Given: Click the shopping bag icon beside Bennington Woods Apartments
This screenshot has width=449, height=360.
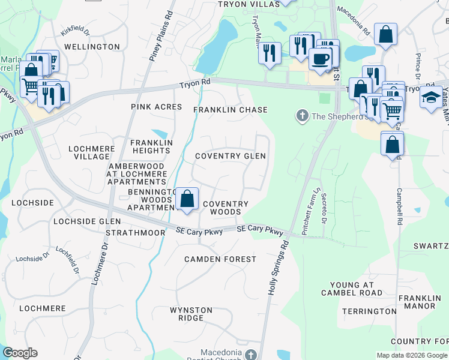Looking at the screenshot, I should (187, 199).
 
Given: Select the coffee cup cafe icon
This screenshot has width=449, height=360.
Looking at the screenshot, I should (321, 59).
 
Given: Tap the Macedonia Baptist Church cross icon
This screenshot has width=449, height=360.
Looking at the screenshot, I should (252, 355).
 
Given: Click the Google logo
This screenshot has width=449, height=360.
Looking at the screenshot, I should (20, 353).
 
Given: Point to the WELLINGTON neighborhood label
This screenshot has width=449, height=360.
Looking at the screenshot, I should (92, 46).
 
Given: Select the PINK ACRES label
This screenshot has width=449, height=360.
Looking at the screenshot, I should (156, 107).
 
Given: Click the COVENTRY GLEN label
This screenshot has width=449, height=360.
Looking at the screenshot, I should (231, 156).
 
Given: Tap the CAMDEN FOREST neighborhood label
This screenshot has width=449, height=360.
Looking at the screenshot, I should (220, 259).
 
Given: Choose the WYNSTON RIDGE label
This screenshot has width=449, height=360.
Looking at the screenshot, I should (191, 314).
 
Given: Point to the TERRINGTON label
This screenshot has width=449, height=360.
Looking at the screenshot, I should (369, 311).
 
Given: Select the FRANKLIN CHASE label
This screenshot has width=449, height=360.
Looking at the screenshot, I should (230, 110).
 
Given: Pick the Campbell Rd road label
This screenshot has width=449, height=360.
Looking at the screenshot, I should (399, 207).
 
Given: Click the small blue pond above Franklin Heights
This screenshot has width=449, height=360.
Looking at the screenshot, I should (160, 133).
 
